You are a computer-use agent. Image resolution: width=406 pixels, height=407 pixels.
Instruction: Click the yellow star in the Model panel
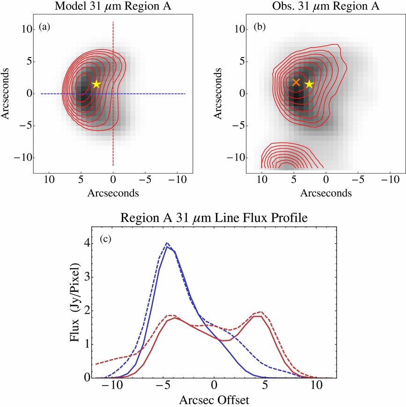[x=96, y=84]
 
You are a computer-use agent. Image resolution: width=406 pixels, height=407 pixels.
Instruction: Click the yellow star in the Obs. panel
[x=309, y=84]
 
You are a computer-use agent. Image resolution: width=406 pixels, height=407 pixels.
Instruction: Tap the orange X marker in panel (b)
[x=296, y=82]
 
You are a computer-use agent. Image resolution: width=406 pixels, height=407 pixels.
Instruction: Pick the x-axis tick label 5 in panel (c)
[x=266, y=387]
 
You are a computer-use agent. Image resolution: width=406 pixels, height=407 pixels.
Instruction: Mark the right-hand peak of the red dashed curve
[x=260, y=312]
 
